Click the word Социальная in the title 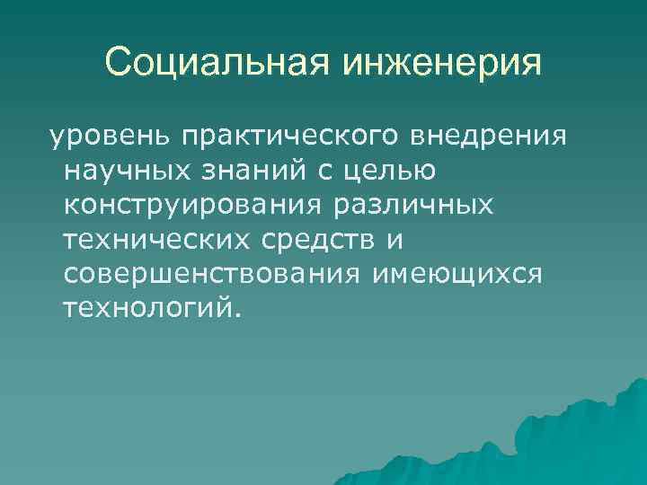point(217,64)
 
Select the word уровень point(109,137)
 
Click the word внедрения point(490,137)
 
